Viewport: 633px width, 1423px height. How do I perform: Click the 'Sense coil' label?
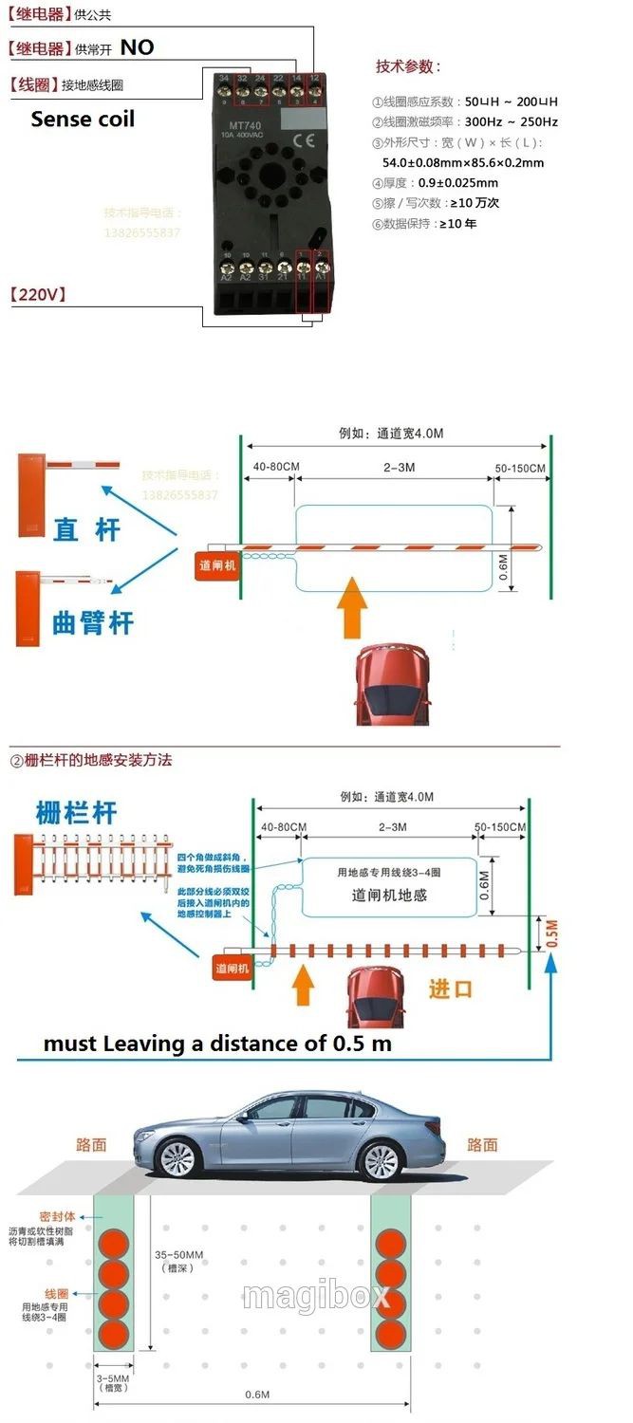[x=83, y=120]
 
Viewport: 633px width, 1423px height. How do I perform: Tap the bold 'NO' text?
[x=137, y=47]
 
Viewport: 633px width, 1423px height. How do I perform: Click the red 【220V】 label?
[x=38, y=294]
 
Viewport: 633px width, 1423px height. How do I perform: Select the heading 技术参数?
[x=408, y=66]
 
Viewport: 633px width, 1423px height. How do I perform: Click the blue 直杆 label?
[x=87, y=529]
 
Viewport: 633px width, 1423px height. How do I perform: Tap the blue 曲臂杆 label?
[x=93, y=623]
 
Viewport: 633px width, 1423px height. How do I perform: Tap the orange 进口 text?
[x=450, y=989]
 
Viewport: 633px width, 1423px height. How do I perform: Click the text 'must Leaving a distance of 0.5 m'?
[x=217, y=1044]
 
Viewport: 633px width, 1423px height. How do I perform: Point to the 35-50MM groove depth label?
[x=179, y=1261]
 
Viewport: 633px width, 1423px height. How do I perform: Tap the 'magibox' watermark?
[x=316, y=1296]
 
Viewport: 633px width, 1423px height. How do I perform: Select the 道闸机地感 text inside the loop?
[x=389, y=895]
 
